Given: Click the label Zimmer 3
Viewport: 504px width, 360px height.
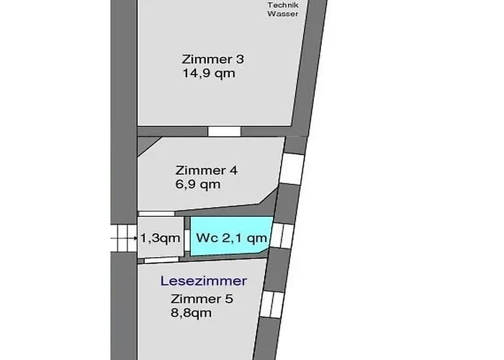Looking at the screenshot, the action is (x=213, y=59).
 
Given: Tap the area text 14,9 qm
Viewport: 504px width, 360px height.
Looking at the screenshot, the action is (x=209, y=73).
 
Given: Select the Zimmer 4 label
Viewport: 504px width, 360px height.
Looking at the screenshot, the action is (x=207, y=171).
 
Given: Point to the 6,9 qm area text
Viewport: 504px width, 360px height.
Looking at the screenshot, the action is (x=198, y=184).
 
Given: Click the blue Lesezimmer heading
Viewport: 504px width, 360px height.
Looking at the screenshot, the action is (x=204, y=281).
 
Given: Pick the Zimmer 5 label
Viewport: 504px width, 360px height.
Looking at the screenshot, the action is (x=202, y=299).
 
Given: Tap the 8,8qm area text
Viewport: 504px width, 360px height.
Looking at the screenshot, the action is (x=192, y=312).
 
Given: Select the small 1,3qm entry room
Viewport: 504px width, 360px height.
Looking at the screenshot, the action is (x=161, y=237).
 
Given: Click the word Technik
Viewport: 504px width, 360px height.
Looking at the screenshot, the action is (x=283, y=5).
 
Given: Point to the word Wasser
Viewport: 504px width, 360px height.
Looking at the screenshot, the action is (x=283, y=14).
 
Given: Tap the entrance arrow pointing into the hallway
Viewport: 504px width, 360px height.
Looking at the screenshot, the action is (x=124, y=238).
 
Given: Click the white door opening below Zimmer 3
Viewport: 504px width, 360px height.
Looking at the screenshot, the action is (x=224, y=132).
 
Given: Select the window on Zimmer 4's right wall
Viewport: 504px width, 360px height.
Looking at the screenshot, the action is (x=292, y=168).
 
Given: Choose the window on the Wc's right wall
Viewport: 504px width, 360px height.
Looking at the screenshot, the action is (x=282, y=235).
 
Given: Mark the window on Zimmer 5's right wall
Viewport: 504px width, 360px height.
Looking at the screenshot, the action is (x=272, y=305).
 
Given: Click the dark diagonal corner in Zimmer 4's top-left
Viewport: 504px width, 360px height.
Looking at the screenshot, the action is (x=146, y=144).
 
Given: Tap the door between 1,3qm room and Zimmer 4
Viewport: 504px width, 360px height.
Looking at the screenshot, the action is (x=156, y=214).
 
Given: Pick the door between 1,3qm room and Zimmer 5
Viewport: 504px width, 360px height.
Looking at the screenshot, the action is (x=161, y=260).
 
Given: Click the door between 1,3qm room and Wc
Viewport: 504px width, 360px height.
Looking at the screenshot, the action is (x=187, y=238).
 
